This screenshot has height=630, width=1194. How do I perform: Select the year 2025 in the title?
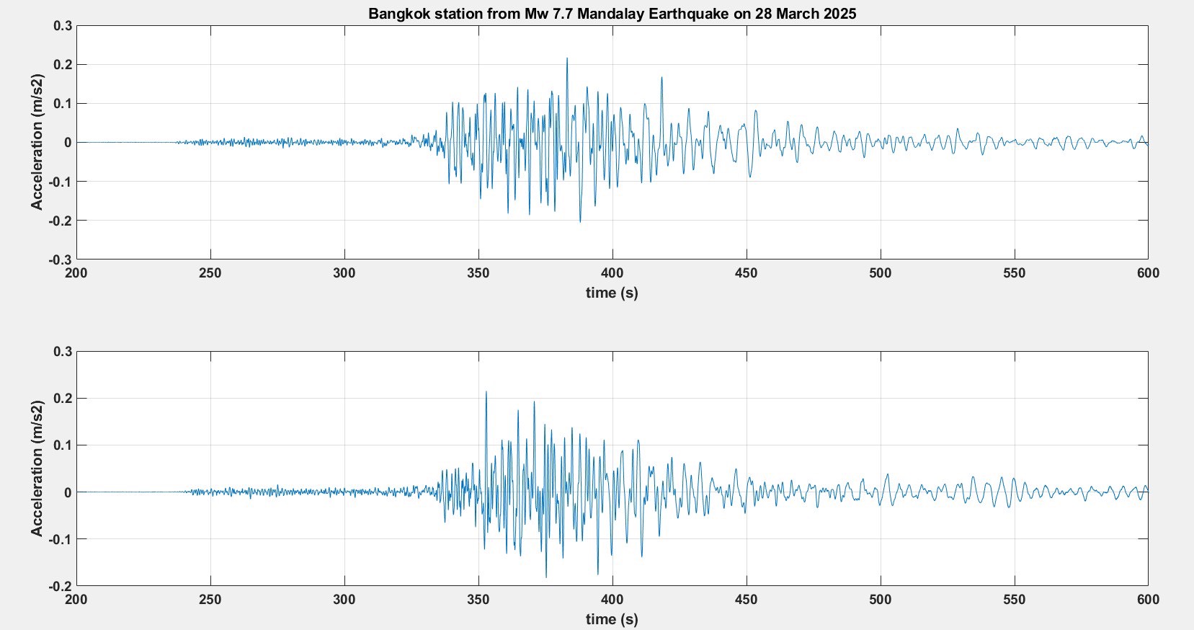(840, 13)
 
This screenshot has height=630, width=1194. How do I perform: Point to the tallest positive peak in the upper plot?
(566, 59)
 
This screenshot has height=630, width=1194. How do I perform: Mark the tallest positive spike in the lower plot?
(486, 393)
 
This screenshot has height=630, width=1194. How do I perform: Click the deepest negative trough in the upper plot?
(580, 221)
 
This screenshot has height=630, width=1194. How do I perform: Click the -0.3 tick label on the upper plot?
(61, 259)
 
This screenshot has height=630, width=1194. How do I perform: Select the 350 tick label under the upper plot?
(478, 273)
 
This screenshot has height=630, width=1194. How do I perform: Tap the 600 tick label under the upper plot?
(1148, 273)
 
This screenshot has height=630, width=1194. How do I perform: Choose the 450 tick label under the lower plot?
(747, 600)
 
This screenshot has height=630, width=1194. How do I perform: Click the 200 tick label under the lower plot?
(76, 600)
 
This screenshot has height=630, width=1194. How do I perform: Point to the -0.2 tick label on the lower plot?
(61, 586)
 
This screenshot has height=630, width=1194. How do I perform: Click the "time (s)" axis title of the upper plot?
(612, 293)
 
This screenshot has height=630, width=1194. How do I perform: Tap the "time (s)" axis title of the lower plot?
(612, 619)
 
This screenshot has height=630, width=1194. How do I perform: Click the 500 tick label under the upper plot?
(880, 273)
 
